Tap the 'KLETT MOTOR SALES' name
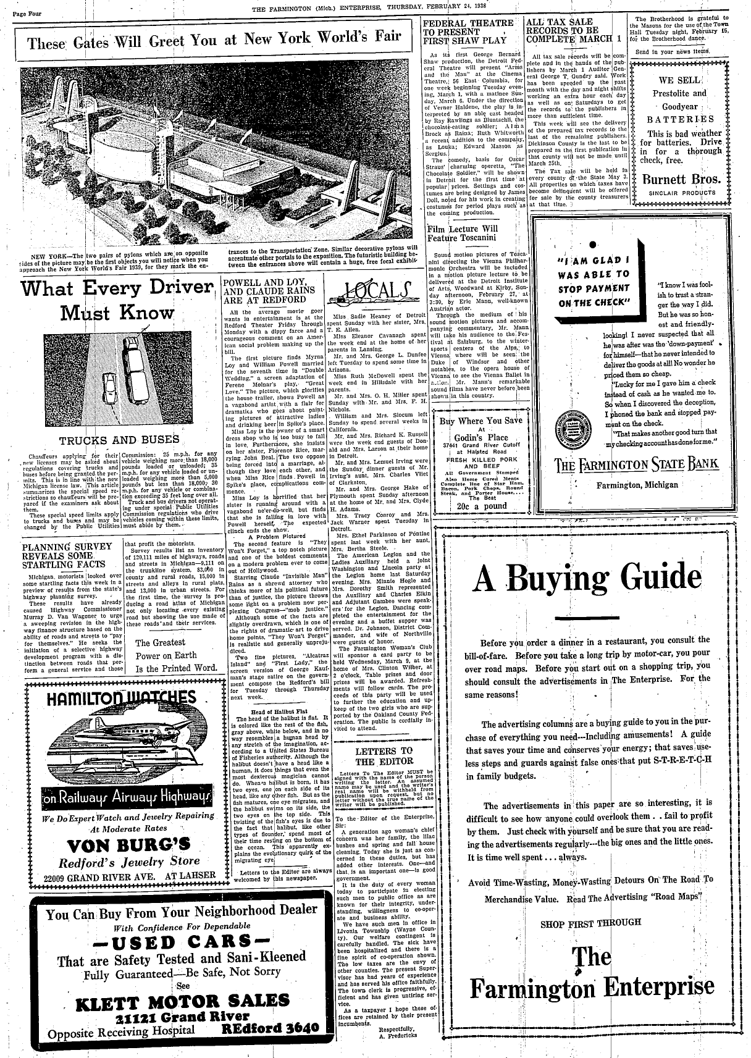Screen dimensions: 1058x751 (x=182, y=1001)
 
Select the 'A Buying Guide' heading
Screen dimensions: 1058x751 (x=579, y=579)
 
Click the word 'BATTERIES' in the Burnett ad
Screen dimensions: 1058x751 (x=680, y=119)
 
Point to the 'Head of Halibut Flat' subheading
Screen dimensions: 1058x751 (x=267, y=712)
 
